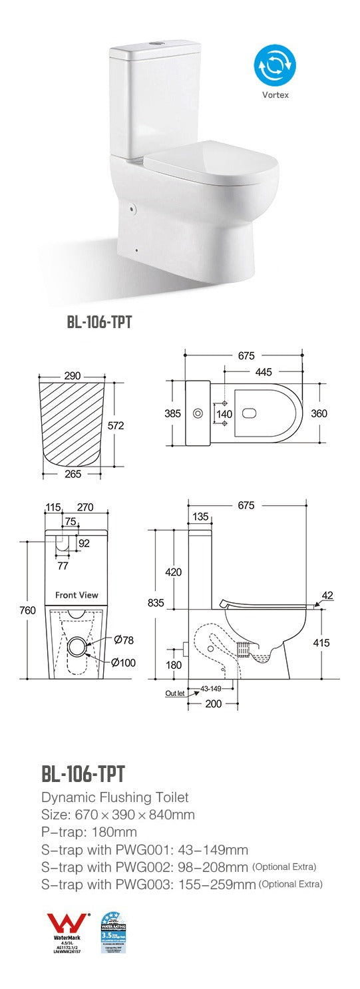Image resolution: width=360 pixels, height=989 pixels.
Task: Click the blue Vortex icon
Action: (274, 65)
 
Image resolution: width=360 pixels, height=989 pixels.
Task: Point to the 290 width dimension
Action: (72, 376)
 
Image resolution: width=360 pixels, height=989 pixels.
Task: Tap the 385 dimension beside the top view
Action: (172, 413)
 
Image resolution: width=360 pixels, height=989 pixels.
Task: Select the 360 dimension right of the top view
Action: (319, 413)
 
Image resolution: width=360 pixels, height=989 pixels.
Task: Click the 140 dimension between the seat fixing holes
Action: (224, 413)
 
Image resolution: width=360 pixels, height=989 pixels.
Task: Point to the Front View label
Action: (76, 595)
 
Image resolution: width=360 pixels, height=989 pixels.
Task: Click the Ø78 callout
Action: (124, 640)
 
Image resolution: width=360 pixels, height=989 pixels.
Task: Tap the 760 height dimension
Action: (27, 610)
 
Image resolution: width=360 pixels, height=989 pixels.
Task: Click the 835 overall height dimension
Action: (156, 602)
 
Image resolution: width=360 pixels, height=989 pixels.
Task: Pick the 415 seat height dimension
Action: (321, 643)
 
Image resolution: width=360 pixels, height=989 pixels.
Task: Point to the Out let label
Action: (174, 693)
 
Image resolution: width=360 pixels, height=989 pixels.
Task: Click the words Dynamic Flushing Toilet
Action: (114, 797)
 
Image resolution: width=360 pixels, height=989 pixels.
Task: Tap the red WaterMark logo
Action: (66, 926)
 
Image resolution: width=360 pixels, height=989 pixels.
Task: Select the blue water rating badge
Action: (114, 933)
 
